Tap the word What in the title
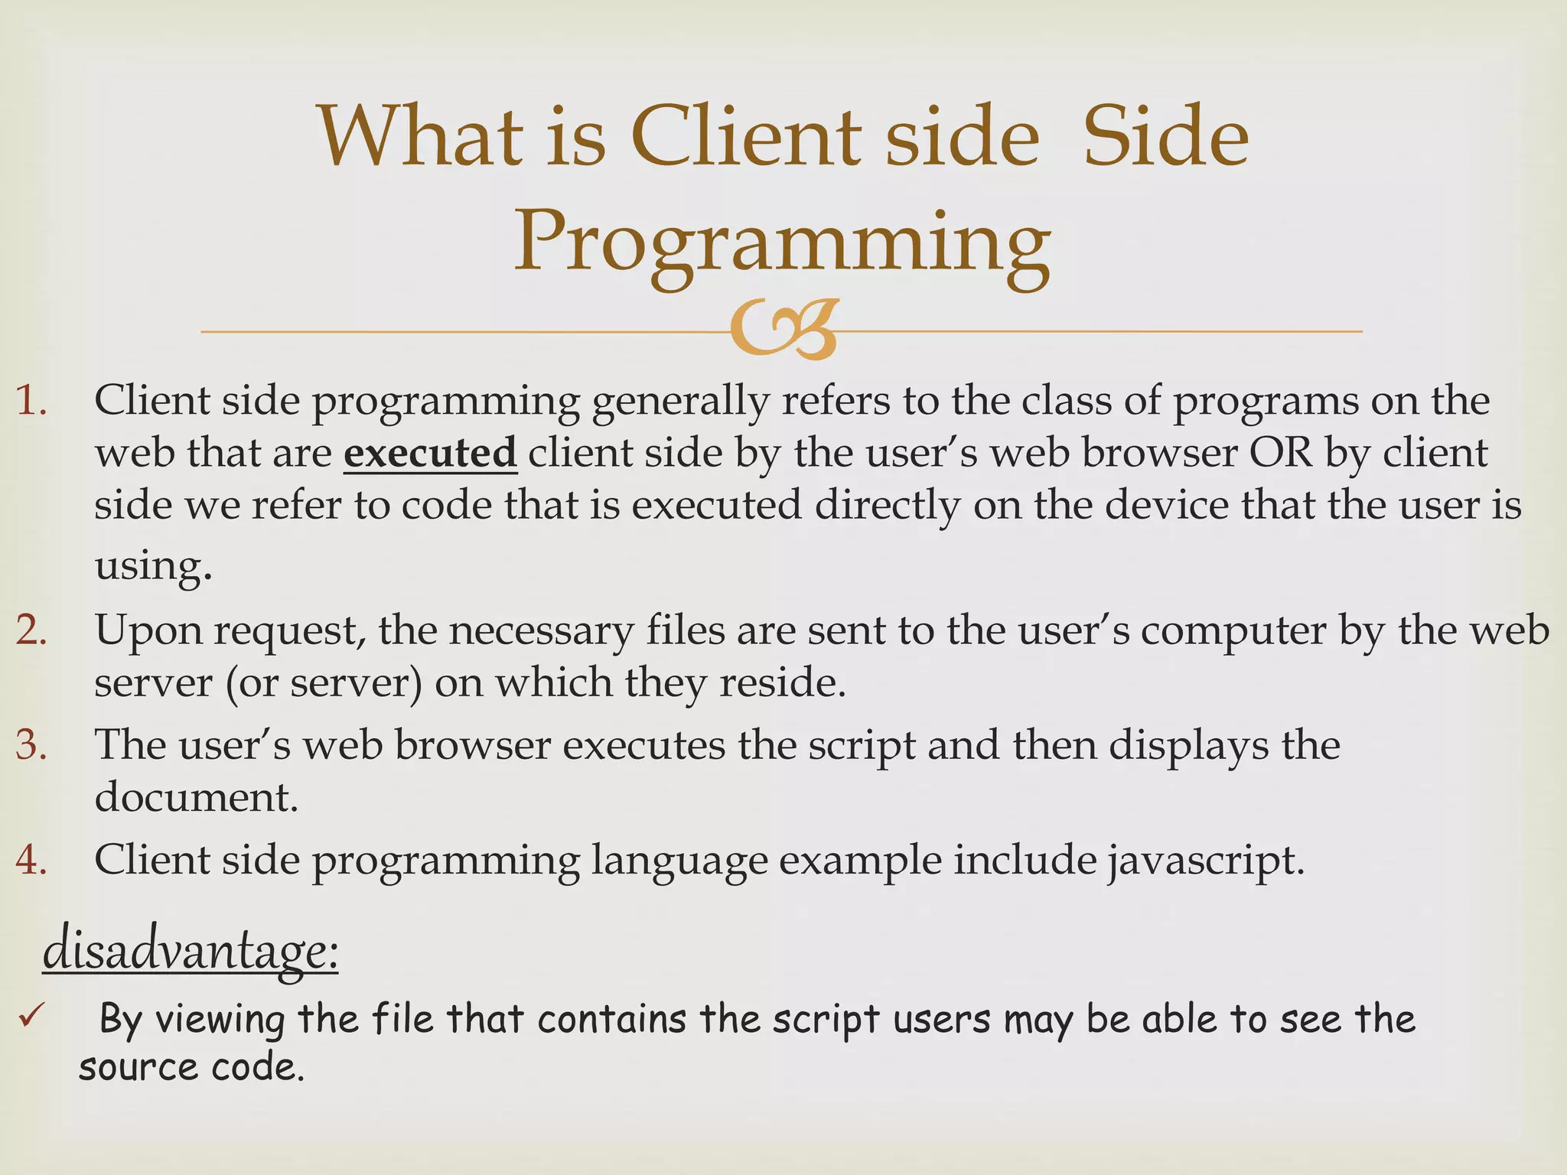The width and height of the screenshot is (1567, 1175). pyautogui.click(x=420, y=138)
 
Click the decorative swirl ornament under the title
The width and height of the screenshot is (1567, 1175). pyautogui.click(x=782, y=330)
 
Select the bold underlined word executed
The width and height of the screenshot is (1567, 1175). pyautogui.click(x=430, y=453)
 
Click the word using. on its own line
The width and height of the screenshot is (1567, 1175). pyautogui.click(x=152, y=566)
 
